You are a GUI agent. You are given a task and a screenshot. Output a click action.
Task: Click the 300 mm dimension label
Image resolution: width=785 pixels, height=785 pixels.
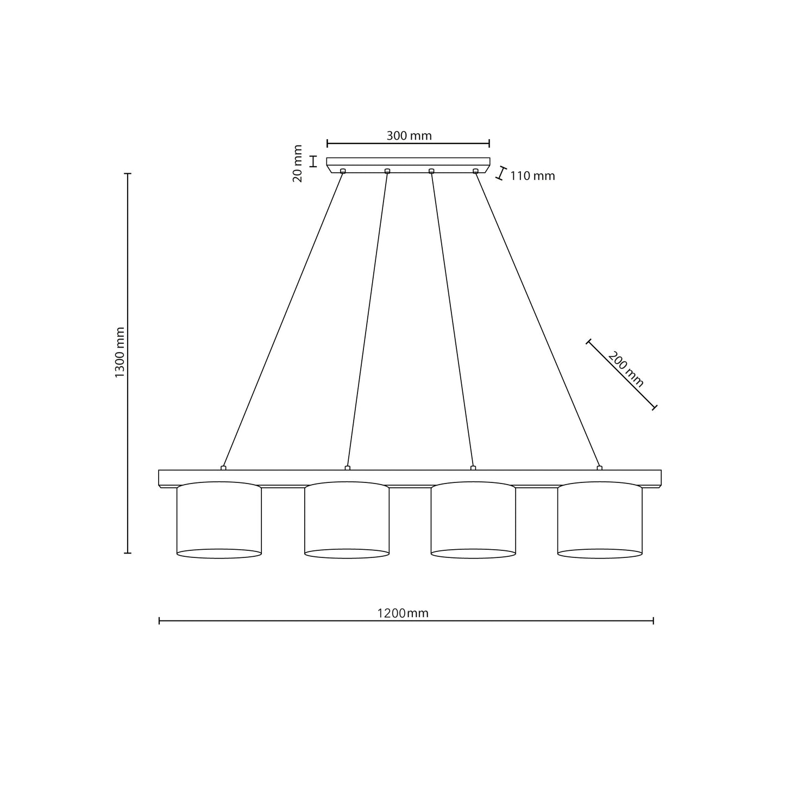tap(409, 136)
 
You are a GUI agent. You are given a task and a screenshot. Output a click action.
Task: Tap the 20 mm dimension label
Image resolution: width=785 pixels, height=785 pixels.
tap(298, 163)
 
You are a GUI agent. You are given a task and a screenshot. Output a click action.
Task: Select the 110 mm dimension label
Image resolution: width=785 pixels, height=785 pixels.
tap(532, 176)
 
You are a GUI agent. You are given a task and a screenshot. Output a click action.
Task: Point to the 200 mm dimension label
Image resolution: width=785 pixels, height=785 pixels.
tap(626, 369)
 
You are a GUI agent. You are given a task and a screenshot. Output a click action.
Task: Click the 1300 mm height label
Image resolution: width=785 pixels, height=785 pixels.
tap(120, 353)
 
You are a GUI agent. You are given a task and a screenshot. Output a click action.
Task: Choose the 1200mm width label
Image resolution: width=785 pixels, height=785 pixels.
tap(403, 613)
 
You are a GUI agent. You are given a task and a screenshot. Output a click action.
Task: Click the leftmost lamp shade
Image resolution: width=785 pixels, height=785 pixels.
tap(219, 520)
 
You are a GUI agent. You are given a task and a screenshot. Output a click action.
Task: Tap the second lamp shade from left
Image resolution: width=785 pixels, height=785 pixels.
tap(347, 520)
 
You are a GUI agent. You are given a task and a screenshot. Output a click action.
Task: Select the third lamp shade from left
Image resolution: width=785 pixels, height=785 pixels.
tap(473, 520)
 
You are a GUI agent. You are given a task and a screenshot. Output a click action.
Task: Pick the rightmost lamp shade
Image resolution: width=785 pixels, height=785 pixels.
tap(600, 520)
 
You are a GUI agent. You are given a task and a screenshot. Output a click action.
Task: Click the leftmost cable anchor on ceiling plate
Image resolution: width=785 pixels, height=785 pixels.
tap(342, 171)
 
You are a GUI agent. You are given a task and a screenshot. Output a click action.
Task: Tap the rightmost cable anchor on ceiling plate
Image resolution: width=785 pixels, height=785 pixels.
tap(475, 171)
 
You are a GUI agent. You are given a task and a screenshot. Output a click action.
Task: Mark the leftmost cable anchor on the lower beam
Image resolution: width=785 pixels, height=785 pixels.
tap(223, 468)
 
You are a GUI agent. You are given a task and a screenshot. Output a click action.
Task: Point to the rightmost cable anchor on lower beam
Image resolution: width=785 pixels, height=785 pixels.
tap(599, 468)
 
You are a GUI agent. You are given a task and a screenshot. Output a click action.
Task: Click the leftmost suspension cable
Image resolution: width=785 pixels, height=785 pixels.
tap(282, 321)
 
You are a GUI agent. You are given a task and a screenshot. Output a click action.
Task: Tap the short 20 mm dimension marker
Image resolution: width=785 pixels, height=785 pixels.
tap(313, 161)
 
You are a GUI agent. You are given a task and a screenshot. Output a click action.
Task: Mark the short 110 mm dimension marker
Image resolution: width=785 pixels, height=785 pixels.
tap(502, 173)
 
